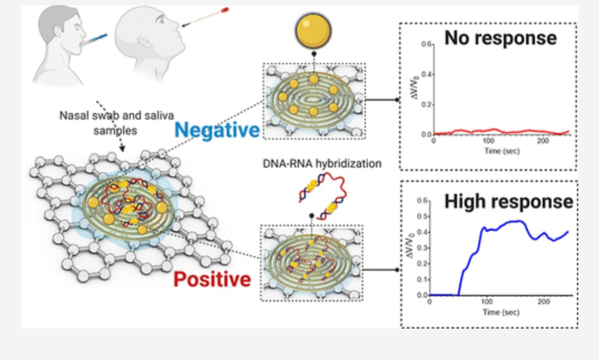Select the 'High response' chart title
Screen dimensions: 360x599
click(x=508, y=202)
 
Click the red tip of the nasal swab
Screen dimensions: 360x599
click(x=225, y=9)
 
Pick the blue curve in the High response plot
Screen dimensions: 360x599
click(x=504, y=222)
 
